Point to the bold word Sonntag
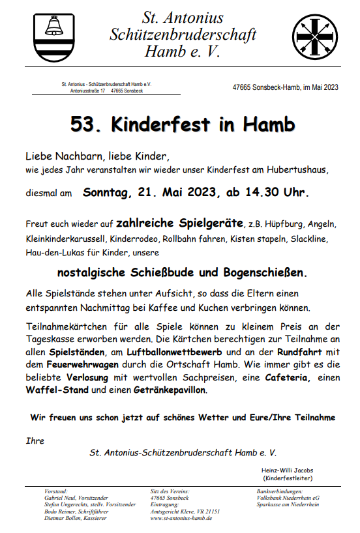(x=108, y=193)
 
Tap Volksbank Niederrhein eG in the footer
(x=288, y=497)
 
